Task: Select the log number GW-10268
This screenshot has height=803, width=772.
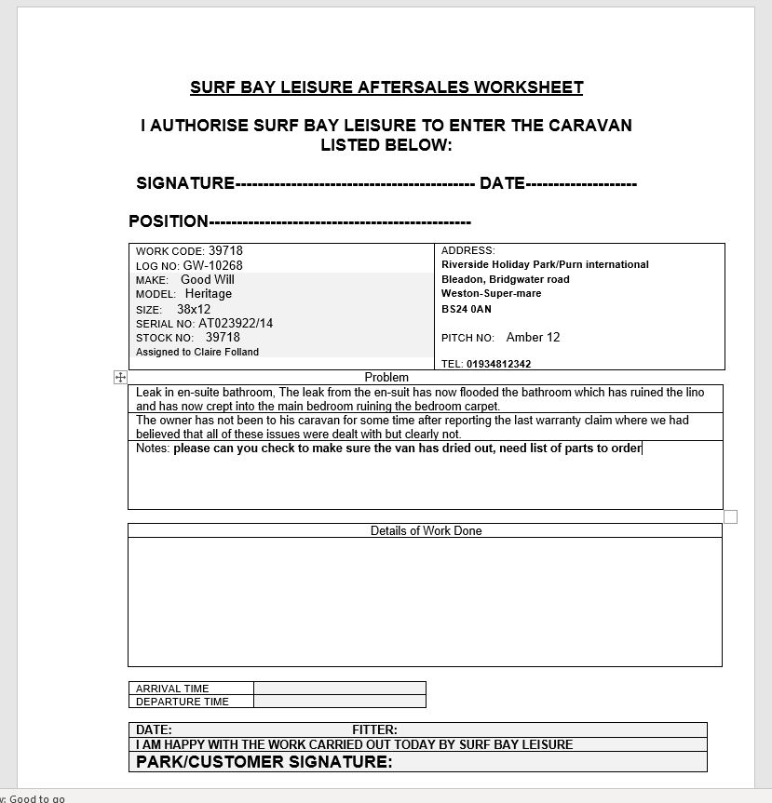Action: (212, 265)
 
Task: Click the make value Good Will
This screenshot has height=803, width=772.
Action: (207, 279)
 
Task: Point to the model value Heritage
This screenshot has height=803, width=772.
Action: (208, 294)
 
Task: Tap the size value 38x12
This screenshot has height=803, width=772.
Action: (194, 309)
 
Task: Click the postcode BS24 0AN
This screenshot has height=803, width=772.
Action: (467, 309)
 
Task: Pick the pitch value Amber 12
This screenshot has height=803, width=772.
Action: (533, 337)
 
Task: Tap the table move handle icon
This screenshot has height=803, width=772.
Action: (120, 377)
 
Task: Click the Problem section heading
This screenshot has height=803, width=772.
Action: (386, 377)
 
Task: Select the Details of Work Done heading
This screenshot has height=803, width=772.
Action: (426, 530)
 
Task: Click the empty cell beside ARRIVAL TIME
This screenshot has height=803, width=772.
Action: (339, 689)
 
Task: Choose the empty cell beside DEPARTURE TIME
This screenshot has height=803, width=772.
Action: (339, 702)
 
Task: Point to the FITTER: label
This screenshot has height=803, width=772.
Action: (374, 729)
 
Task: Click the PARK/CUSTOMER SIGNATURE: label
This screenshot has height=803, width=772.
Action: (264, 762)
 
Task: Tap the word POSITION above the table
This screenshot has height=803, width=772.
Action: (168, 221)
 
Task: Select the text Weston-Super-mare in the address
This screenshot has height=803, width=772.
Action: (491, 294)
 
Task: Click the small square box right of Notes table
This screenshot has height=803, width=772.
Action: (730, 516)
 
